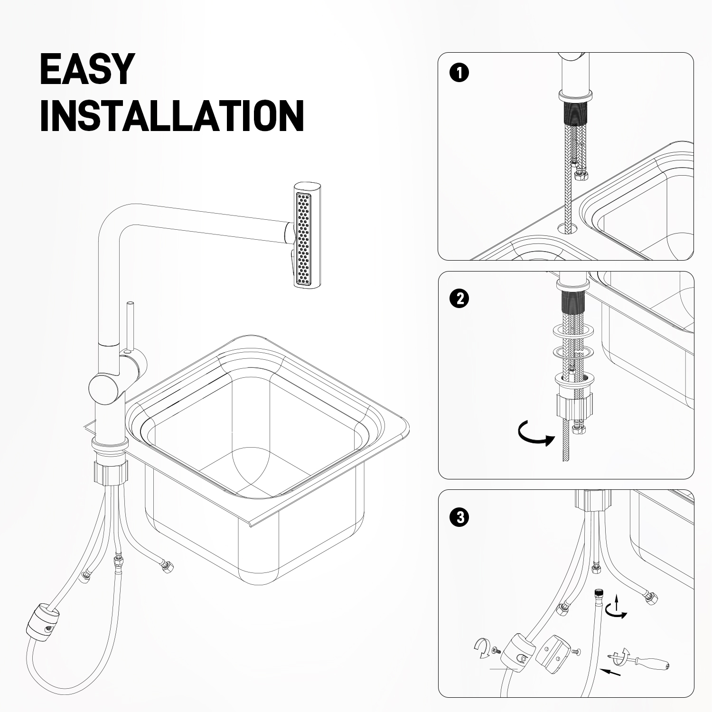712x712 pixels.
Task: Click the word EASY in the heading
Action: coord(87,69)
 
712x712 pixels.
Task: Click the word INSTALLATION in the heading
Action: coord(172,115)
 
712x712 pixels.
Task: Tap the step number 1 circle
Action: coord(459,74)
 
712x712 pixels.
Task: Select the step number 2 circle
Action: coord(459,299)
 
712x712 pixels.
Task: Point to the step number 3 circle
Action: coord(459,517)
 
